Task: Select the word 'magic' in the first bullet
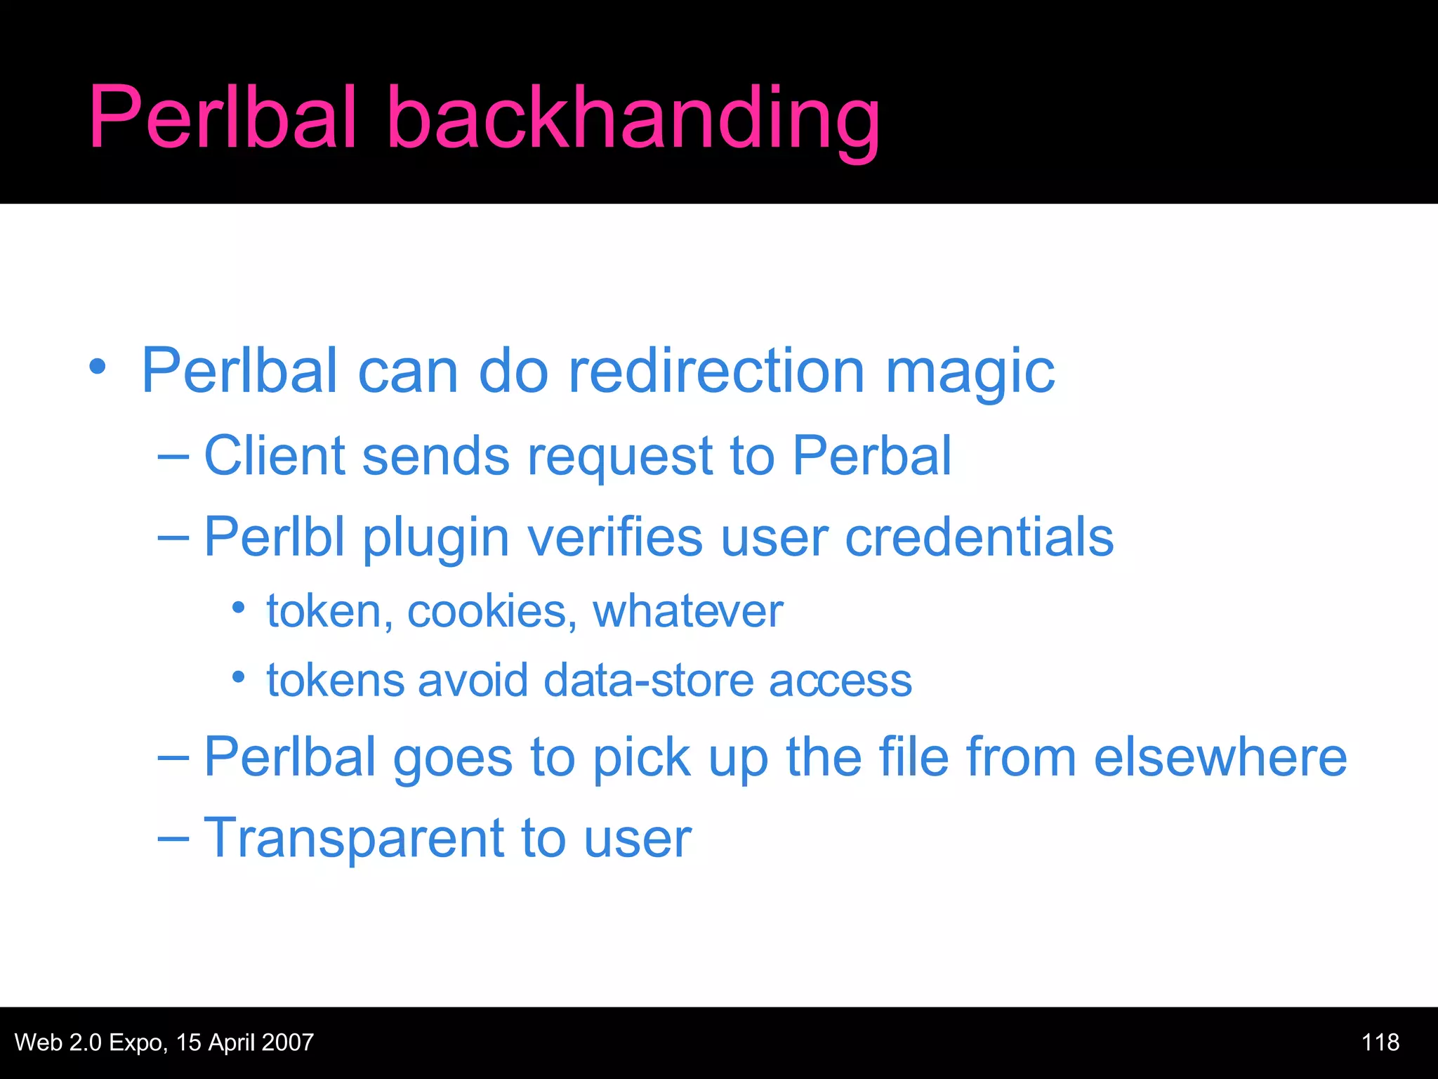pos(970,372)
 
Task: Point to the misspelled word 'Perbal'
pos(871,456)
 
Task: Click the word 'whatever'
pos(687,611)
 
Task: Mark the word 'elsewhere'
pos(1220,757)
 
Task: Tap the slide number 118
pos(1380,1042)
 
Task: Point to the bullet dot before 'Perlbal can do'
pos(98,367)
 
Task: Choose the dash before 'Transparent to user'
pos(173,839)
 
